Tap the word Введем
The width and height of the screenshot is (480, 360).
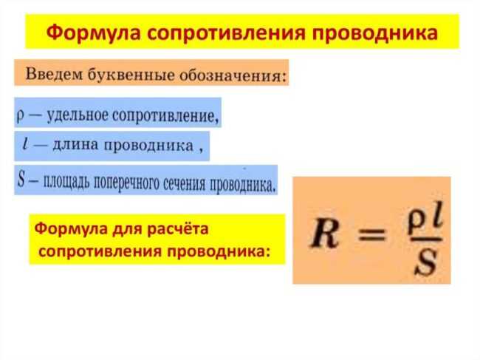pos(54,74)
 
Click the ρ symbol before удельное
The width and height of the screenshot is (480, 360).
pos(20,116)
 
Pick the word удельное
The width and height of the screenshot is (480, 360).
pos(78,116)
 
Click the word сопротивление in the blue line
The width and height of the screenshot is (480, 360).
pos(165,116)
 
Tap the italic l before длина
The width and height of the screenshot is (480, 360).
pos(25,143)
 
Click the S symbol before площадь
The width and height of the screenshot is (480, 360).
pos(21,179)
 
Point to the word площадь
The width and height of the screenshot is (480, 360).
pos(66,182)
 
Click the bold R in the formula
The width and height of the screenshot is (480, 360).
pos(324,234)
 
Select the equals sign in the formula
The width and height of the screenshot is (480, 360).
pos(371,235)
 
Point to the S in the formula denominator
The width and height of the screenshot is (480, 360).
pos(426,262)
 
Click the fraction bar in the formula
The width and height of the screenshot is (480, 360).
pos(426,240)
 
